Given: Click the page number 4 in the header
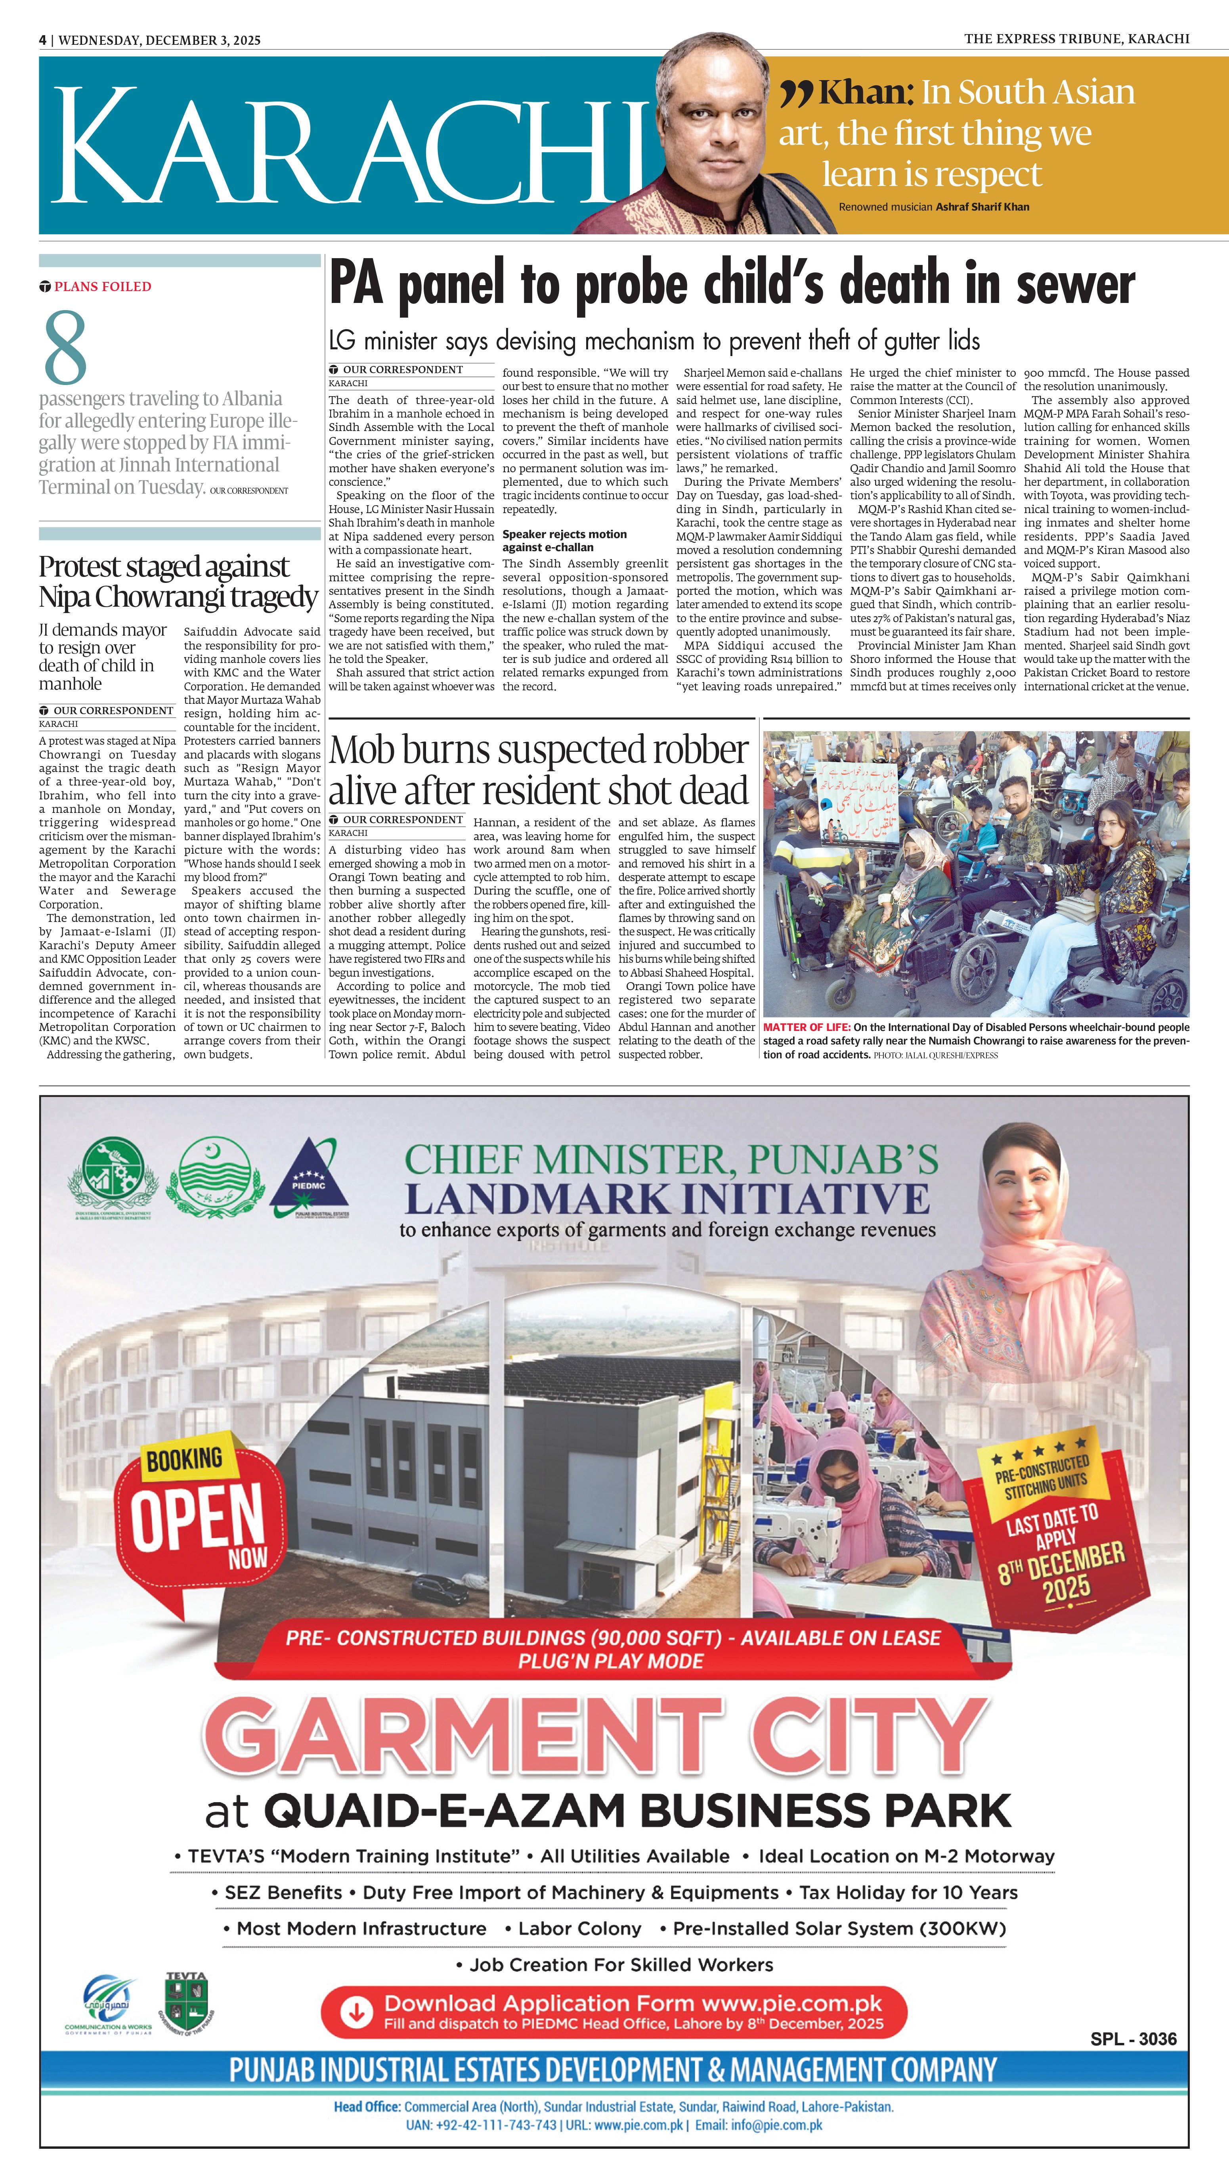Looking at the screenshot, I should pyautogui.click(x=42, y=40).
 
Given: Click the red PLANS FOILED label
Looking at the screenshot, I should pyautogui.click(x=102, y=286).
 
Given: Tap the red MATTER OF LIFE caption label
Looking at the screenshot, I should pyautogui.click(x=806, y=1027).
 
